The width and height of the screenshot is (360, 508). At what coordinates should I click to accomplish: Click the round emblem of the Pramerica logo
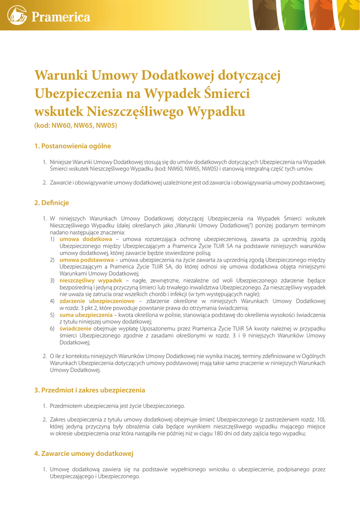click(x=17, y=15)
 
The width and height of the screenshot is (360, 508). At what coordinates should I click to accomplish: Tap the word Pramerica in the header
click(x=61, y=17)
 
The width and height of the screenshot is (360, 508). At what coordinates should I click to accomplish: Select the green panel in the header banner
click(x=294, y=15)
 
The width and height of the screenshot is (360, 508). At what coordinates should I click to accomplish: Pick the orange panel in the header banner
click(x=322, y=15)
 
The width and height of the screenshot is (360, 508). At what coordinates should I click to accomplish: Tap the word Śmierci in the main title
click(x=227, y=94)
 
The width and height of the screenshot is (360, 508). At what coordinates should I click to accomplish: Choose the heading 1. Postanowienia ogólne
click(x=72, y=146)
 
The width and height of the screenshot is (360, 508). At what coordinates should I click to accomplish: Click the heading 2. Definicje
click(x=52, y=203)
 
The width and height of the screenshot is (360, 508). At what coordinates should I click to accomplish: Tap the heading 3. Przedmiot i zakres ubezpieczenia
click(x=89, y=390)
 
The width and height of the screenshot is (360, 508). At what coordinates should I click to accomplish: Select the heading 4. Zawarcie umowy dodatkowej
click(x=83, y=454)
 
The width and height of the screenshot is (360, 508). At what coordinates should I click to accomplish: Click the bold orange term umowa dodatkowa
click(x=85, y=239)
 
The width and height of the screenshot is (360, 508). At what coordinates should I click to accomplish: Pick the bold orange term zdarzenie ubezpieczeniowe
click(x=97, y=301)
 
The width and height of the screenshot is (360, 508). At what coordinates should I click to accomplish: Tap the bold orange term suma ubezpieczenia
click(x=86, y=315)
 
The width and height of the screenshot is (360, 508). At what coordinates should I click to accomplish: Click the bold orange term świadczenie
click(x=75, y=328)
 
